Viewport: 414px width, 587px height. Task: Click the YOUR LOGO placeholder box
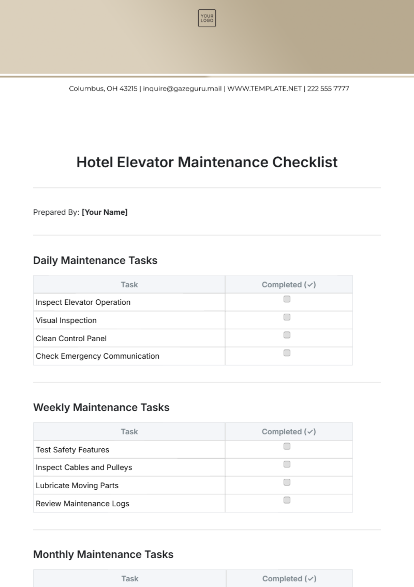click(x=207, y=18)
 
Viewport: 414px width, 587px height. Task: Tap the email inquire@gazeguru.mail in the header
click(x=182, y=89)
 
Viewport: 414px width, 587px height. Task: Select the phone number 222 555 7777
click(x=328, y=89)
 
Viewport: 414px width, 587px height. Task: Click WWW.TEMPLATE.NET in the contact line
click(x=265, y=89)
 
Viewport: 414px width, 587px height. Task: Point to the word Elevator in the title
click(x=145, y=162)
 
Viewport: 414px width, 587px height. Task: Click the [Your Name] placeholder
click(x=105, y=212)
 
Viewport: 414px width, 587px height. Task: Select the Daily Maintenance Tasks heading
click(x=95, y=261)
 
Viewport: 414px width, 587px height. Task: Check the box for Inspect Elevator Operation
click(x=287, y=299)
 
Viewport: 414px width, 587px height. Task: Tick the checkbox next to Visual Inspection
click(x=287, y=317)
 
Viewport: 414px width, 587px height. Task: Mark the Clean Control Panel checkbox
click(x=287, y=335)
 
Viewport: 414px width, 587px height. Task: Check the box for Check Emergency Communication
click(x=287, y=353)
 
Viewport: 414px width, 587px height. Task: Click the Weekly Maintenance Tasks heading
click(x=101, y=408)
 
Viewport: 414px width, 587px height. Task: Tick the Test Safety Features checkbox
click(x=287, y=447)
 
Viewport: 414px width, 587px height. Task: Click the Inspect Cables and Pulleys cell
click(x=84, y=468)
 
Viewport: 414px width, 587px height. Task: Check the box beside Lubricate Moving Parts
click(x=287, y=482)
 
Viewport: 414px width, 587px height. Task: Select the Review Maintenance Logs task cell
click(x=82, y=504)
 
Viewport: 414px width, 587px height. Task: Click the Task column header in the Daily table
click(x=129, y=285)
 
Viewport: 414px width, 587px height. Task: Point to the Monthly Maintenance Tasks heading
click(x=103, y=555)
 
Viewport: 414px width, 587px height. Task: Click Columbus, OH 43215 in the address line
click(x=103, y=89)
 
